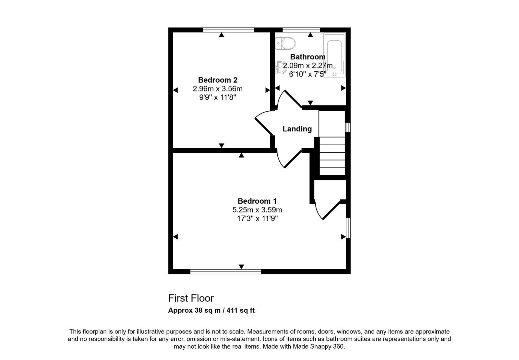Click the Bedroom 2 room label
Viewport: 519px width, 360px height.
pyautogui.click(x=218, y=80)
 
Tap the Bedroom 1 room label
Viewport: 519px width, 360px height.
pyautogui.click(x=257, y=201)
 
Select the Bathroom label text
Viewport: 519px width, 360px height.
pyautogui.click(x=308, y=57)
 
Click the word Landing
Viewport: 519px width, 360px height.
pyautogui.click(x=297, y=129)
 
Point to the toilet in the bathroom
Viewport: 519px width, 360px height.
pyautogui.click(x=285, y=43)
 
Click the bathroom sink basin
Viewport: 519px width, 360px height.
pyautogui.click(x=281, y=67)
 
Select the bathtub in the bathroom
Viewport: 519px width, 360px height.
pyautogui.click(x=334, y=55)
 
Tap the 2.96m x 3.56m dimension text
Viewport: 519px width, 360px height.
pyautogui.click(x=218, y=89)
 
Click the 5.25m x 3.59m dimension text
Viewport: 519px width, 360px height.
pyautogui.click(x=257, y=210)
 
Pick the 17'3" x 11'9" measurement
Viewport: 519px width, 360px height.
pyautogui.click(x=257, y=219)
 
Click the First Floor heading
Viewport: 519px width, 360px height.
pyautogui.click(x=191, y=298)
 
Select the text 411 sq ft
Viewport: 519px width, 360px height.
pyautogui.click(x=240, y=310)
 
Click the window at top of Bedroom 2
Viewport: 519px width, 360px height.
pyautogui.click(x=228, y=30)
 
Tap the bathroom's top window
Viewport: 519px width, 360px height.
pyautogui.click(x=301, y=30)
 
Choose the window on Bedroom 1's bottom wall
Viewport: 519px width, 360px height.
pyautogui.click(x=226, y=272)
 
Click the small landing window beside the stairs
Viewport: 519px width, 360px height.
pyautogui.click(x=348, y=128)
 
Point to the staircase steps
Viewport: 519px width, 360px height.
pyautogui.click(x=332, y=156)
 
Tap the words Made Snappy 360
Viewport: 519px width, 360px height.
pyautogui.click(x=319, y=347)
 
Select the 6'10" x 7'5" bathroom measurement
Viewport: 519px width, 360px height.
pyautogui.click(x=308, y=74)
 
